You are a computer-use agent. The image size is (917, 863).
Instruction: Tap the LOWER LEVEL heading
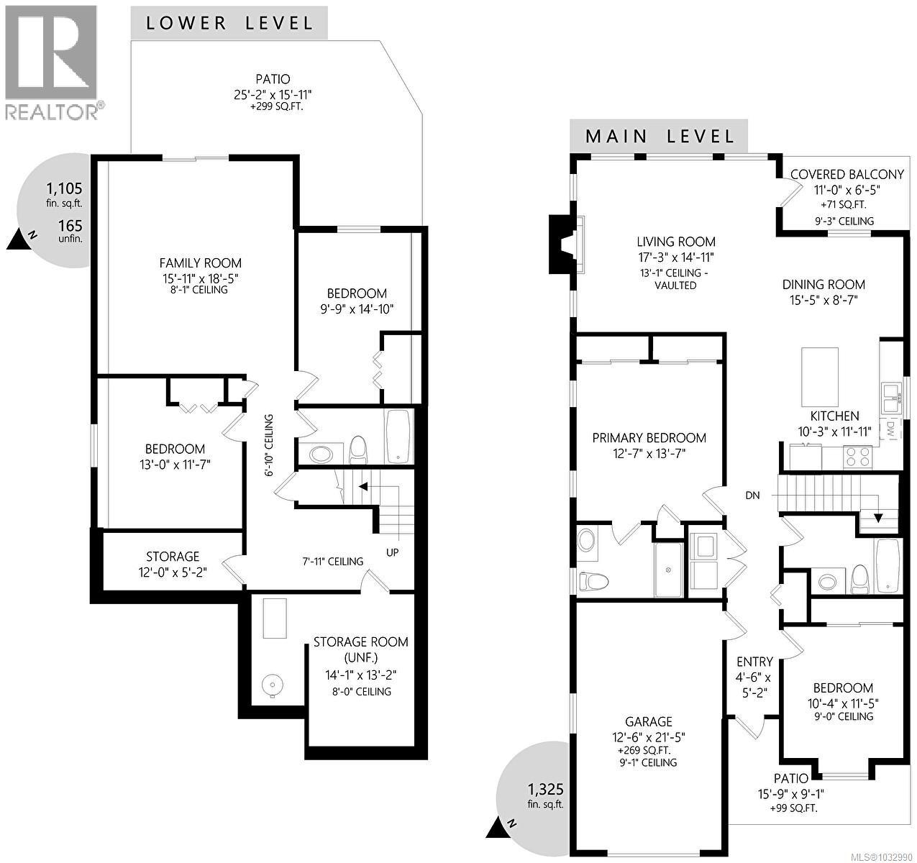click(x=229, y=22)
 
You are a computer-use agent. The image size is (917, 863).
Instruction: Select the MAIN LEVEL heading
click(x=660, y=136)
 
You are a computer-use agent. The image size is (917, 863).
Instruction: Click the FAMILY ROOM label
click(x=200, y=263)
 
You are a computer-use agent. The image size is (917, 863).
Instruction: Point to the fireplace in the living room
click(x=562, y=245)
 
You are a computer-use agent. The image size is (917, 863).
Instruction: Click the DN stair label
click(x=752, y=496)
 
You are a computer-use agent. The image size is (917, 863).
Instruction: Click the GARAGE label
click(x=648, y=721)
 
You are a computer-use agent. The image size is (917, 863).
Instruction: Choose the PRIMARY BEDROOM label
click(x=649, y=438)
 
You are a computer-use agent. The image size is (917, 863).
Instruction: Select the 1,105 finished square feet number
click(x=64, y=188)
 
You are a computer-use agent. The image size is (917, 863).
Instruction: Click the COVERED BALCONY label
click(x=847, y=174)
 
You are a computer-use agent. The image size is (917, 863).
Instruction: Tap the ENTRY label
click(x=754, y=662)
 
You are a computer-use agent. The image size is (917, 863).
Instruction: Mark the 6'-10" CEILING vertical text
click(x=269, y=445)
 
